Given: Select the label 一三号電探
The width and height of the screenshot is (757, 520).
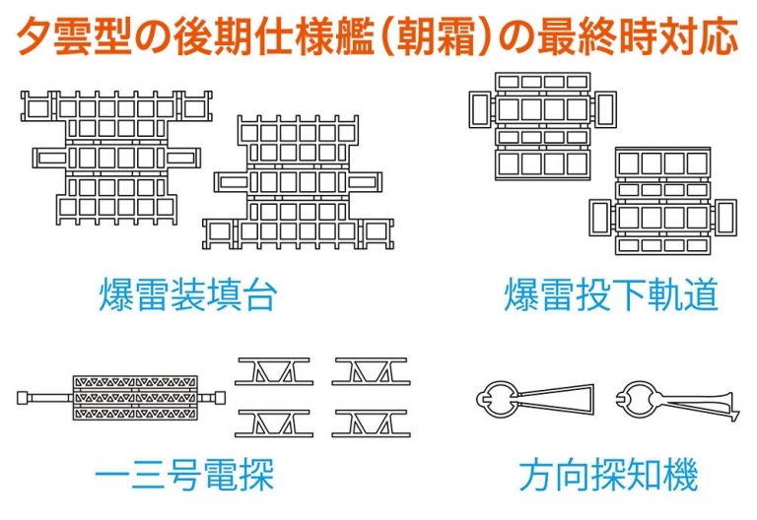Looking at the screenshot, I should pyautogui.click(x=184, y=476).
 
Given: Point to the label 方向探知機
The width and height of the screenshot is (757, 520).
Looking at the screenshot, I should pyautogui.click(x=608, y=476).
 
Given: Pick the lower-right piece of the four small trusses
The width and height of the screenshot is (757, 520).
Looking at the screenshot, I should pyautogui.click(x=370, y=423).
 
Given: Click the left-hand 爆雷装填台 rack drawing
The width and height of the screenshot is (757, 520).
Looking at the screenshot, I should pyautogui.click(x=110, y=158).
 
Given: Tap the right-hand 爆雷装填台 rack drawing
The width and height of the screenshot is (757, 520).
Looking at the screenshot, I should pyautogui.click(x=297, y=182).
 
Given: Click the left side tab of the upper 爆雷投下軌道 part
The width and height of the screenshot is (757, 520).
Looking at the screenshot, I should pyautogui.click(x=480, y=107).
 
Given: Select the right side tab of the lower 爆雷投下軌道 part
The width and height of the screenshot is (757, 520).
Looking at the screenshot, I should pyautogui.click(x=725, y=216).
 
